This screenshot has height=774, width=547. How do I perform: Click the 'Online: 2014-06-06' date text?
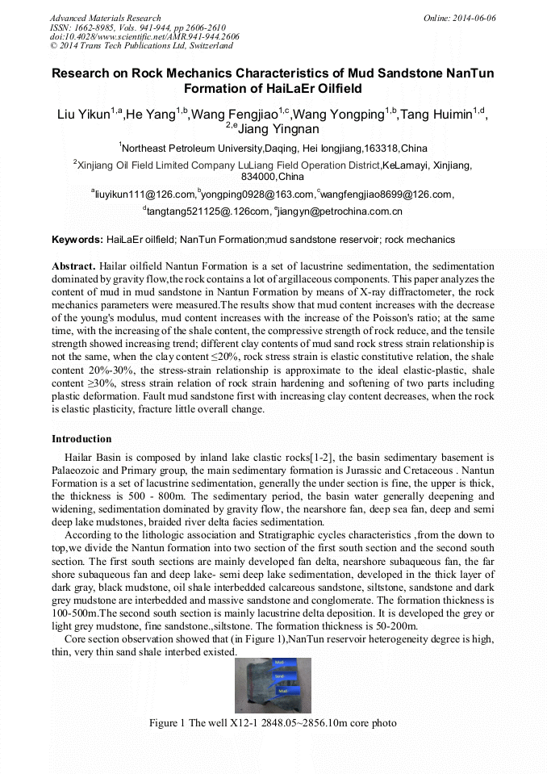pyautogui.click(x=460, y=18)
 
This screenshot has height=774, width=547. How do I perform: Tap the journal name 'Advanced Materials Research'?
pyautogui.click(x=105, y=18)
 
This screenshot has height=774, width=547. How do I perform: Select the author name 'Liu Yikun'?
pyautogui.click(x=84, y=115)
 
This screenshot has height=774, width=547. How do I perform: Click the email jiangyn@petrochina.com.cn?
pyautogui.click(x=340, y=211)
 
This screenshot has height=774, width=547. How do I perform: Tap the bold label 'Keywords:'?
pyautogui.click(x=77, y=240)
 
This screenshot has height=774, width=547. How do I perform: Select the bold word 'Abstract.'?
pyautogui.click(x=73, y=266)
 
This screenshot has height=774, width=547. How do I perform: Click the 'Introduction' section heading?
pyautogui.click(x=81, y=439)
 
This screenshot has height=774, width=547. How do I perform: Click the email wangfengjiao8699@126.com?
pyautogui.click(x=387, y=195)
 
